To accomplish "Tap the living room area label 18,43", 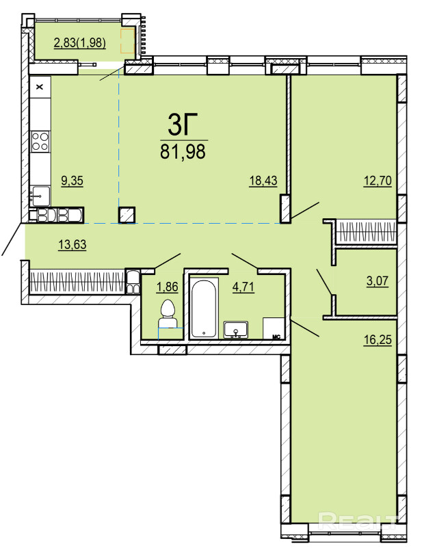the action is [x=263, y=181].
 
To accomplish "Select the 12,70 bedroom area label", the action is [x=378, y=181].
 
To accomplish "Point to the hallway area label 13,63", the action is [x=72, y=244].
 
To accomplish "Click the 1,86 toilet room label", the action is [x=168, y=287].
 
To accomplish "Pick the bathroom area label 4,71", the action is [x=243, y=287].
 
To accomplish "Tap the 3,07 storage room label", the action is [x=378, y=280].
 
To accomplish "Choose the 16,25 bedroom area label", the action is [x=378, y=340].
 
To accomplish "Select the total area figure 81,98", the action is [x=183, y=152].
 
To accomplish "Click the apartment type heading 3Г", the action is [x=183, y=124].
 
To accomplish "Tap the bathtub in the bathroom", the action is [x=204, y=308].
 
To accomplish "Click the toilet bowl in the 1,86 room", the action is [x=168, y=314].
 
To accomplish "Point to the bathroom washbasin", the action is [x=236, y=330].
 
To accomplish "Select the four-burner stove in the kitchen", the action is [x=40, y=141].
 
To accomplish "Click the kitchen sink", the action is [x=40, y=196].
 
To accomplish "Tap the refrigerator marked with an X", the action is [x=40, y=87].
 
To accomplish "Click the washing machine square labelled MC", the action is [x=274, y=328].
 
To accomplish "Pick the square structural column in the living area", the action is [x=127, y=215].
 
